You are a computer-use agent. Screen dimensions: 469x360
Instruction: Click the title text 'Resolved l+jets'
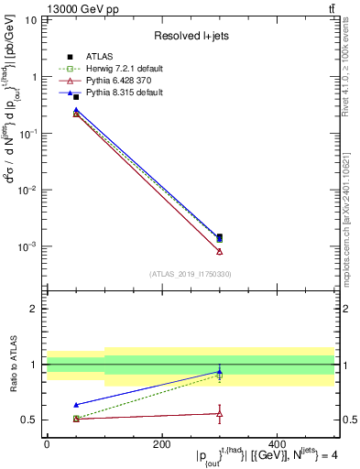(x=190, y=36)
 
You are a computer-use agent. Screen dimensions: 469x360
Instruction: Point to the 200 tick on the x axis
(x=161, y=443)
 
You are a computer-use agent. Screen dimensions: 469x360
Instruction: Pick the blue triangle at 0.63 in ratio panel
(x=76, y=404)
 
